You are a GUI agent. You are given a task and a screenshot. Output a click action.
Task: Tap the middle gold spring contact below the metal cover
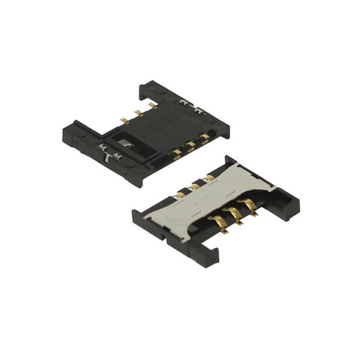[x=236, y=214]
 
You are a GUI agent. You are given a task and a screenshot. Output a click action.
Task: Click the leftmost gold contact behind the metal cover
[x=182, y=194]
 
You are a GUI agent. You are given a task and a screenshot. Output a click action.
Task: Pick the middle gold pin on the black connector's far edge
[x=138, y=113]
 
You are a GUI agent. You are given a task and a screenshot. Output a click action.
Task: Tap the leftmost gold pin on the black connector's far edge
[x=124, y=120]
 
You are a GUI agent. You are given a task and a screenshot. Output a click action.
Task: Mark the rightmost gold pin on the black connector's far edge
[x=152, y=105]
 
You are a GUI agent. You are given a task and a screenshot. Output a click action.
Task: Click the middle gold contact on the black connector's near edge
[x=191, y=145]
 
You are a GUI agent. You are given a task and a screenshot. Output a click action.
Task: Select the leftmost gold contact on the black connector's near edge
[x=177, y=152]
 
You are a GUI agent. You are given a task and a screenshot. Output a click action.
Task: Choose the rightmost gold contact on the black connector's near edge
[x=205, y=137]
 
